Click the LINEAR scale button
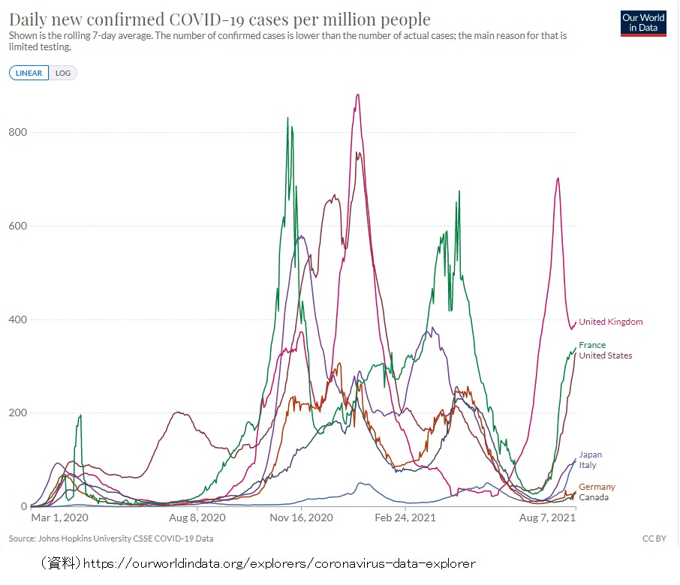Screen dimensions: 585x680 tap(29, 73)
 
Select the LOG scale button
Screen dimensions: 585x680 tap(63, 73)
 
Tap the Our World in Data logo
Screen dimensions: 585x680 tap(642, 23)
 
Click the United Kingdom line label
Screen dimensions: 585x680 tap(611, 322)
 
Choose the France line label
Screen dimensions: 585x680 tap(592, 345)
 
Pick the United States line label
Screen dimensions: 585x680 tap(606, 355)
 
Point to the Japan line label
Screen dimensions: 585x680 tap(590, 454)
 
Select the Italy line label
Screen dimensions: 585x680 tap(588, 465)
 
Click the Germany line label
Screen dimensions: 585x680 tap(597, 487)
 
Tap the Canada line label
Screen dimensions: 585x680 tap(594, 497)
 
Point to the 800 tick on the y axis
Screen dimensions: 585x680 tap(18, 133)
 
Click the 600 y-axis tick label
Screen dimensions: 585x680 tap(18, 226)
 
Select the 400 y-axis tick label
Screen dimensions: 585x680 tap(18, 319)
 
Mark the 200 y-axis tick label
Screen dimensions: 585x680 tap(18, 413)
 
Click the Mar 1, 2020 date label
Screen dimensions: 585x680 tap(59, 518)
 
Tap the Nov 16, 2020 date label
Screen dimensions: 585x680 tap(300, 518)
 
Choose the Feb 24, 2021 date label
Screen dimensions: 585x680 tap(405, 518)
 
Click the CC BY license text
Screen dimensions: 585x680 tap(653, 538)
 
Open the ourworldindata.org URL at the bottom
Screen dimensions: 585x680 tap(278, 562)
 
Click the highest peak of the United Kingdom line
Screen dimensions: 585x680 tap(358, 94)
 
